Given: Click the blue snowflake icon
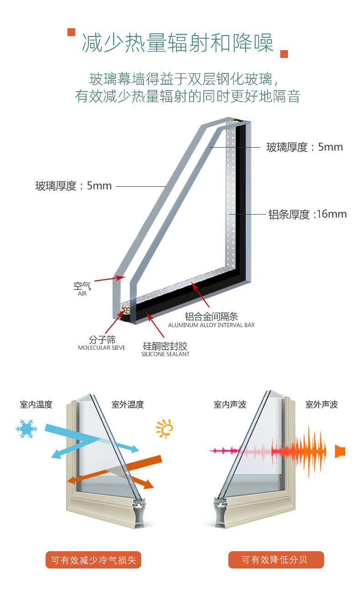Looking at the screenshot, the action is point(26,429).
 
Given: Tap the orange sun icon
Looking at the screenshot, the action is point(165,429).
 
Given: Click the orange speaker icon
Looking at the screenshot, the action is point(340,451).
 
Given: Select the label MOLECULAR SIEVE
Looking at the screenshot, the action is point(102,348).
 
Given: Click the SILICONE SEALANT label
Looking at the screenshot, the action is point(165,354).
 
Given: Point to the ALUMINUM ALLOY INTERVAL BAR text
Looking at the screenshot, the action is point(211,325).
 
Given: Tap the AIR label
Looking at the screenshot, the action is point(82,293).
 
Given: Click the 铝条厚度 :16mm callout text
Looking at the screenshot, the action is point(308,214).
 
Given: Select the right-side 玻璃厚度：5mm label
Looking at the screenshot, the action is point(304,147).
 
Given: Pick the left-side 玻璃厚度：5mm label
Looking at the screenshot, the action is point(74,186).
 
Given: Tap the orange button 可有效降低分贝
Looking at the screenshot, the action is point(276,560).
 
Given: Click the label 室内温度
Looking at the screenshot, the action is point(36,405).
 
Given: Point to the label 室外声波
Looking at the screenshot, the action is point(321,405).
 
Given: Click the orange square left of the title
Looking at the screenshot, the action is point(71,32).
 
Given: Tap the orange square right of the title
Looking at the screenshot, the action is point(284,54).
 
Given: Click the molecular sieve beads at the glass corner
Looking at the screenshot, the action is point(126,309).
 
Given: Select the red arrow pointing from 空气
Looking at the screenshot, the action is point(109,279).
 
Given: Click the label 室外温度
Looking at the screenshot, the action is point(128,405).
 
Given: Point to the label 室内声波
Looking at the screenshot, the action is point(230,405).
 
